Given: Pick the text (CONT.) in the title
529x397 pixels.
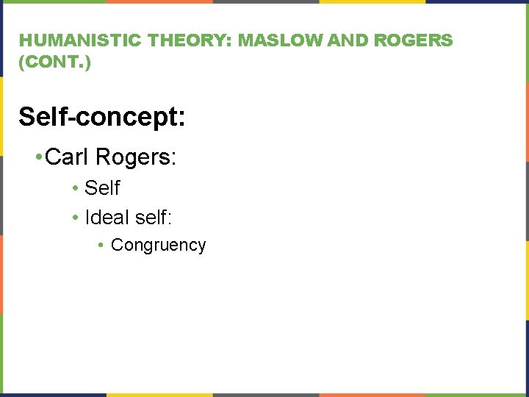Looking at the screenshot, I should pyautogui.click(x=55, y=63).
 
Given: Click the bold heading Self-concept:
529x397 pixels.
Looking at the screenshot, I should pyautogui.click(x=102, y=116).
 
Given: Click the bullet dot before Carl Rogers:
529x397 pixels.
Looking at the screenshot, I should pyautogui.click(x=37, y=157).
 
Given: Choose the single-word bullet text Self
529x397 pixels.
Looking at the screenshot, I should pyautogui.click(x=102, y=188).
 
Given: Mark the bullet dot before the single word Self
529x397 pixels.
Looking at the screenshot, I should pyautogui.click(x=76, y=189).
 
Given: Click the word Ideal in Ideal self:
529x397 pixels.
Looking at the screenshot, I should pyautogui.click(x=107, y=218).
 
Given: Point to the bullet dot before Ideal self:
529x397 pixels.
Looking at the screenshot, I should pyautogui.click(x=76, y=218).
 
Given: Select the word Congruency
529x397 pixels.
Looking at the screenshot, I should pyautogui.click(x=158, y=246).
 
